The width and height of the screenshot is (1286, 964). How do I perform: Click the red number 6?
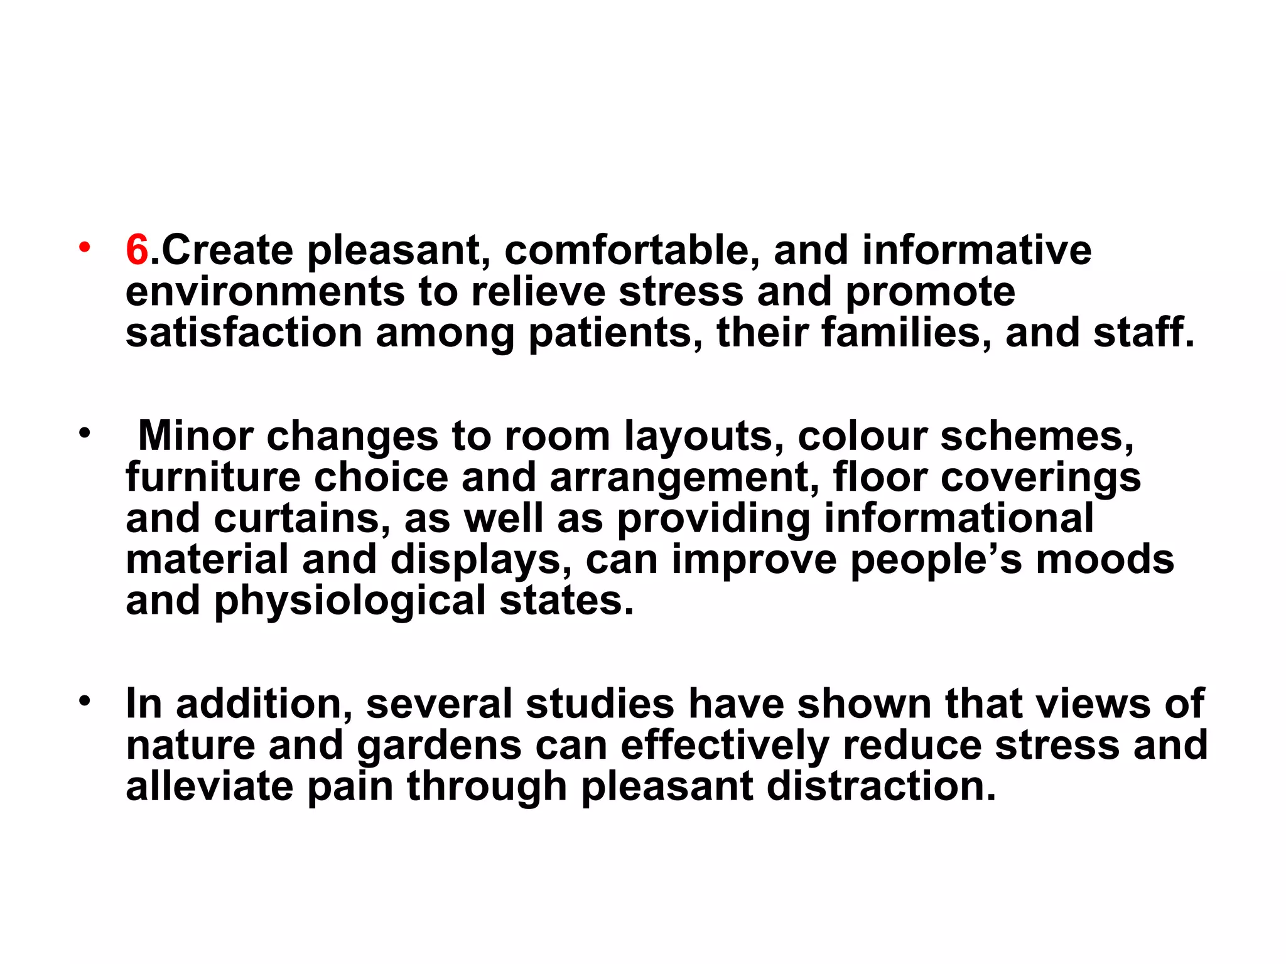pos(137,250)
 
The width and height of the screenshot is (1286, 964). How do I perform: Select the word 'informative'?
pos(976,250)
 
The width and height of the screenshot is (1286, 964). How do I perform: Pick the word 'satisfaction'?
pos(244,333)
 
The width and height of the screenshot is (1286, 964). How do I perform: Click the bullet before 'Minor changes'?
pos(84,432)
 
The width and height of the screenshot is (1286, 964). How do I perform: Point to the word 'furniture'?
pos(213,477)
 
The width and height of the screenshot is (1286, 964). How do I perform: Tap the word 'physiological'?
pos(350,601)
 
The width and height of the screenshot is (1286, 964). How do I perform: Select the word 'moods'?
pos(1105,559)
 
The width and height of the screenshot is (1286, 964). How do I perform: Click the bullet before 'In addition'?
pos(84,700)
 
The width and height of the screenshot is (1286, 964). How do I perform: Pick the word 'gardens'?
pos(439,745)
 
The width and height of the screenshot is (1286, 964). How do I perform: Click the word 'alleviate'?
pos(209,786)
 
